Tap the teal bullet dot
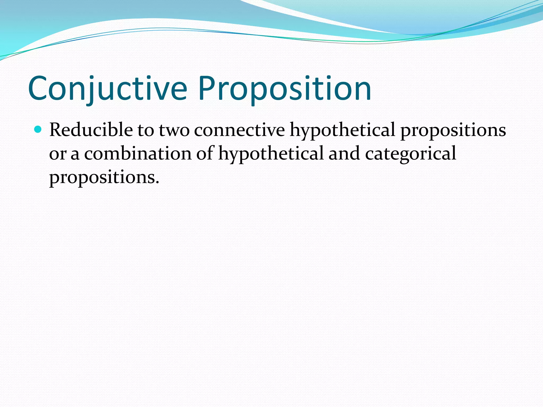click(x=38, y=129)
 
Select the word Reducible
click(x=91, y=130)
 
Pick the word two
click(x=174, y=130)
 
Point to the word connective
click(x=239, y=130)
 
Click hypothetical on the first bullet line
click(x=342, y=130)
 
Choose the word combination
click(x=138, y=154)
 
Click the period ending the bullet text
click(x=157, y=183)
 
